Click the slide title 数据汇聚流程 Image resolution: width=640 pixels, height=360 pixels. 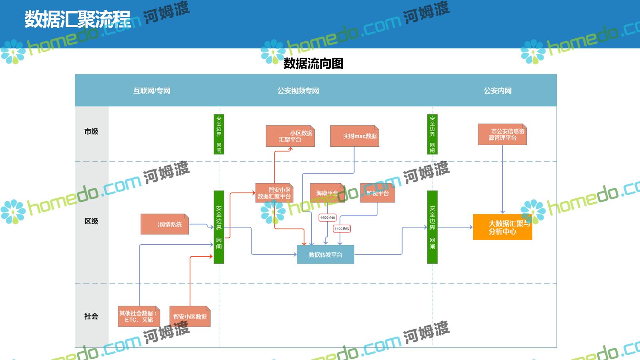78,19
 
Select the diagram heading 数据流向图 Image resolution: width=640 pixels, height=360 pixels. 313,63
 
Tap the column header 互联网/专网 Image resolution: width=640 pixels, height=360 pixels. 152,91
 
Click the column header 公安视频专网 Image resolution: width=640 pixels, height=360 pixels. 298,91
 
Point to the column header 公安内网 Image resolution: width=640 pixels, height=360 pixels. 498,91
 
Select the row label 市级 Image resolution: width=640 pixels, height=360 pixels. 91,132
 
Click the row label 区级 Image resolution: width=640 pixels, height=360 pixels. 91,221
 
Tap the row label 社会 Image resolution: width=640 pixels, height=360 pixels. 91,316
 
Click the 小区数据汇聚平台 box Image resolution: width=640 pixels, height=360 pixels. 290,136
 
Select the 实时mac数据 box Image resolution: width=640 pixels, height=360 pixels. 354,136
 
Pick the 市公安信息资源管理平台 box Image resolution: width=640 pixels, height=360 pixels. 502,134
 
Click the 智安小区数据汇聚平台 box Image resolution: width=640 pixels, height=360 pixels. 274,193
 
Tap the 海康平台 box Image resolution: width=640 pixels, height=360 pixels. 327,193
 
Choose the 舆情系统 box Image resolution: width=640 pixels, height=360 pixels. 165,224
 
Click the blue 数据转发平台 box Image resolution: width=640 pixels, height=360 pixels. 326,255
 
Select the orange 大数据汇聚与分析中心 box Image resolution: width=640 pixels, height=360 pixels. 502,227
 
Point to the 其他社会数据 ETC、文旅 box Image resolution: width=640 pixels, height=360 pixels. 139,316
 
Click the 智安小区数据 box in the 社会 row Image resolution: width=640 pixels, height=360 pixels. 190,316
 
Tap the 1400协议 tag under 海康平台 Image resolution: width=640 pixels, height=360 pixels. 328,218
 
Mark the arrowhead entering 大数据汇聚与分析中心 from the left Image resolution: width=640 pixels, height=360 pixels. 471,227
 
